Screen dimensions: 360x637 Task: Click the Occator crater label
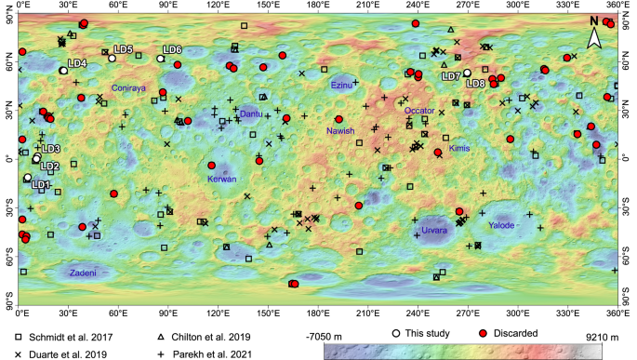click(x=419, y=111)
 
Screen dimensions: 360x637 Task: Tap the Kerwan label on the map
click(x=221, y=179)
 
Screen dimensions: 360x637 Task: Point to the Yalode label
click(x=500, y=224)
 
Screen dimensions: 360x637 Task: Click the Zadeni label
click(x=83, y=273)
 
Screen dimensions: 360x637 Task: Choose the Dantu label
click(x=251, y=113)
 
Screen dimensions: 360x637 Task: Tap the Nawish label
click(x=341, y=131)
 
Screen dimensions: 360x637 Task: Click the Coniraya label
click(x=129, y=87)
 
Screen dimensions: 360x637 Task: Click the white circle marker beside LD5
click(x=112, y=59)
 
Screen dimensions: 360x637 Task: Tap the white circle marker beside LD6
click(x=160, y=59)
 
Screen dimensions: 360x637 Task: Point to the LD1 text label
click(x=40, y=184)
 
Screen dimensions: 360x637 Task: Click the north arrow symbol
click(x=596, y=37)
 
